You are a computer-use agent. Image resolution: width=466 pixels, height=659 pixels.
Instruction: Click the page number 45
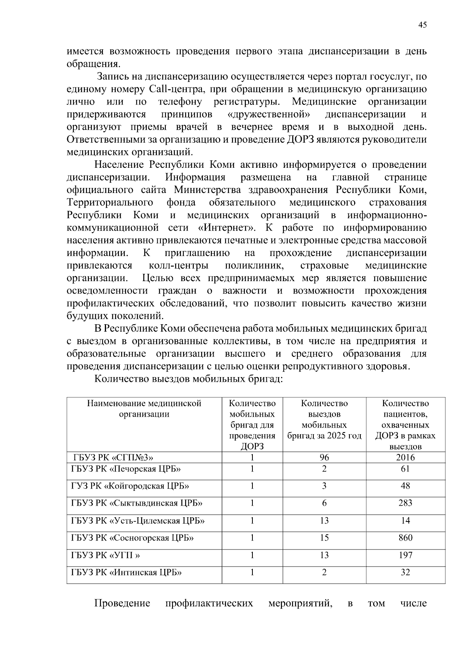pos(423,25)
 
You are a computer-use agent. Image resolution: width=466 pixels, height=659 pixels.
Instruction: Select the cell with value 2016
pos(405,457)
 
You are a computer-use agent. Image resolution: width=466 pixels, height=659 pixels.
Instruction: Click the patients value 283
pos(405,503)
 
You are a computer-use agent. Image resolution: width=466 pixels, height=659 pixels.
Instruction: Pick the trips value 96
pos(324,457)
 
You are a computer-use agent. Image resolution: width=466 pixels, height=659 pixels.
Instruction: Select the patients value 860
pos(405,538)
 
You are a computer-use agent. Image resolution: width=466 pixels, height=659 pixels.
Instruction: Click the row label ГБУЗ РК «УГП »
pos(106,555)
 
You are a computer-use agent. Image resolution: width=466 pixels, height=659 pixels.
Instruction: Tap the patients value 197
pos(405,555)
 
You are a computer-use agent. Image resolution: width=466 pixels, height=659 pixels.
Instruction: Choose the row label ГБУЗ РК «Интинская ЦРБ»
pos(127,572)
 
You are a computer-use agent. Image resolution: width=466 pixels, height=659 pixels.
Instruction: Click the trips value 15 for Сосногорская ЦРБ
pos(324,538)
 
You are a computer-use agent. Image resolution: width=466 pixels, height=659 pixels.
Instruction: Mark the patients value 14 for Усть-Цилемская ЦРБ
pos(405,521)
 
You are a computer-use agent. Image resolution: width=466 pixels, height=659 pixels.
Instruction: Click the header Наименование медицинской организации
pos(144,409)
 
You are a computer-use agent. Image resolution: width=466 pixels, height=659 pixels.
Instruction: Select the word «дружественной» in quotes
pos(269,115)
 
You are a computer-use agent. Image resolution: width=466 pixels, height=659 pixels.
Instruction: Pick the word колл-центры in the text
pos(179,266)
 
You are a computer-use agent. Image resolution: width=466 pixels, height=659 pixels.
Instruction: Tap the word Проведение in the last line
pos(122,603)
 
